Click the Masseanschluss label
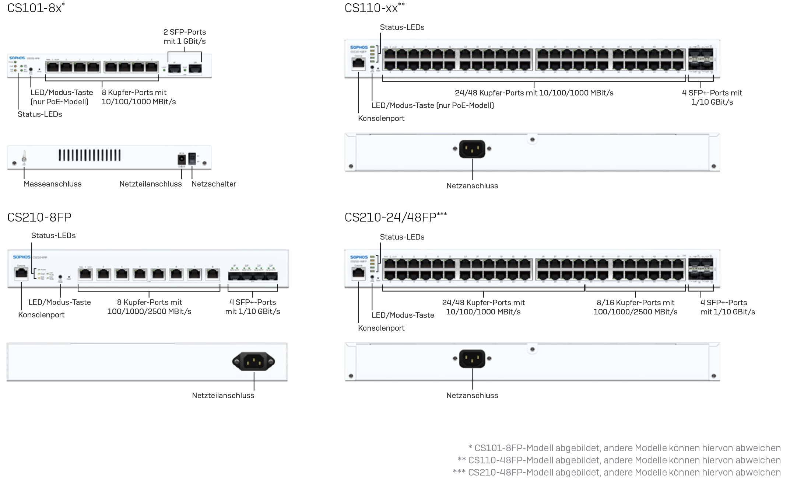tap(53, 184)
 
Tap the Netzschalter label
tap(214, 184)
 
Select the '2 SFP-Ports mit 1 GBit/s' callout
tap(185, 36)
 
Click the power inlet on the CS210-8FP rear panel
tap(253, 361)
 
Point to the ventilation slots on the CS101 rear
tap(89, 155)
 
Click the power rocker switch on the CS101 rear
tap(192, 159)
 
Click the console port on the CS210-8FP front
tap(21, 273)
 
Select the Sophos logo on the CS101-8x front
tap(17, 58)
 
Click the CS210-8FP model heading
tap(39, 217)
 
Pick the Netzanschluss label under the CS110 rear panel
tap(472, 186)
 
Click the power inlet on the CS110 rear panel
tap(472, 149)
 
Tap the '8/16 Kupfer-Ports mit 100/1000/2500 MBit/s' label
tap(635, 307)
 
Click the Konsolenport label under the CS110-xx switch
tap(381, 118)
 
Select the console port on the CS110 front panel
tap(358, 63)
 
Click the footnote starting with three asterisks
tap(616, 472)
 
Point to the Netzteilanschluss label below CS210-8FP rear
tap(223, 396)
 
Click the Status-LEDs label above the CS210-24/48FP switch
tap(402, 237)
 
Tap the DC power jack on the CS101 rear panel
tap(182, 159)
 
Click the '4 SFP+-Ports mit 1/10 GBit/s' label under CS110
tap(712, 97)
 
